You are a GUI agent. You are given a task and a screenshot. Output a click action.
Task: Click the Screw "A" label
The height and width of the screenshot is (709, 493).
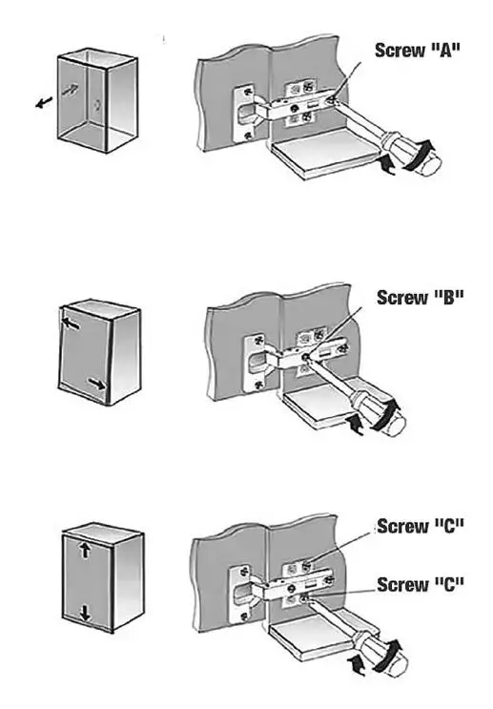click(418, 50)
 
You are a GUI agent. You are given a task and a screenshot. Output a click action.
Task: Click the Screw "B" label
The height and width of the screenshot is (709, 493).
click(420, 297)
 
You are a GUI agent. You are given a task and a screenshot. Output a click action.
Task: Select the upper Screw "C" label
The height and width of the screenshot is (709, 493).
click(421, 526)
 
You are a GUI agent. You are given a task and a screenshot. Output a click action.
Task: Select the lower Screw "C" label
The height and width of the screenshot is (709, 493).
click(421, 583)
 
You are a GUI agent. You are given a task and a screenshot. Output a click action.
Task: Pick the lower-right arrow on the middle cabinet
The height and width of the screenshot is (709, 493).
click(93, 384)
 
